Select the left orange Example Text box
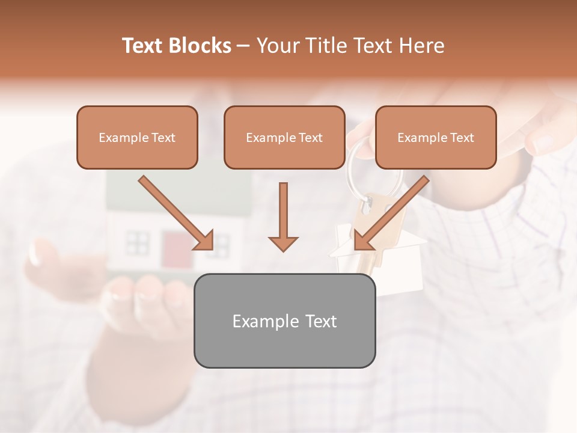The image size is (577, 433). point(137,137)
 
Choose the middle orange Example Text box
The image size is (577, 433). point(284,137)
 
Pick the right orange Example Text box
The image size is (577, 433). point(436,137)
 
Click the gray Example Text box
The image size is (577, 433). point(284,321)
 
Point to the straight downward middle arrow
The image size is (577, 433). point(283,216)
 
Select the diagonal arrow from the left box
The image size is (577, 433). point(176,213)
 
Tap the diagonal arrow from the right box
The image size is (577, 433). point(391,213)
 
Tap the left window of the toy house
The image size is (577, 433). point(136,243)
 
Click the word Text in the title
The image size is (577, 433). point(144,46)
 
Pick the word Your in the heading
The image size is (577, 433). point(278,46)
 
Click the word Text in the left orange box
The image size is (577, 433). point(162,138)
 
